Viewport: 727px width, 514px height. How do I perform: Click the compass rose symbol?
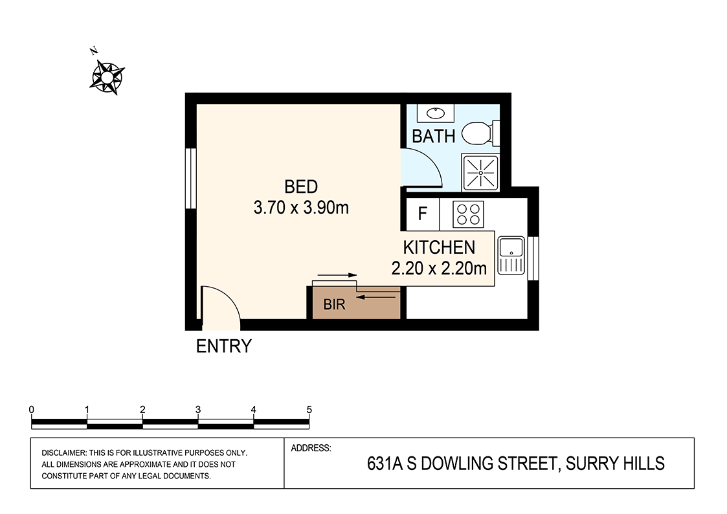107,77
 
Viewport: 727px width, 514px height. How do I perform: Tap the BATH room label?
434,137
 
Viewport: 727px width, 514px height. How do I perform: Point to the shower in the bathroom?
480,173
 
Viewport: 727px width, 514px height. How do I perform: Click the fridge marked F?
422,214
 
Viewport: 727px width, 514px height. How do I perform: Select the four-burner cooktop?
467,214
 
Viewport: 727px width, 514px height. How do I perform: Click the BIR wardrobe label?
335,305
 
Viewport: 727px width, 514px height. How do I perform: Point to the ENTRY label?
223,347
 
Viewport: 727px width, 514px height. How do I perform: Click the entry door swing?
220,304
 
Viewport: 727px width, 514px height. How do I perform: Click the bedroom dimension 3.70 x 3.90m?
301,208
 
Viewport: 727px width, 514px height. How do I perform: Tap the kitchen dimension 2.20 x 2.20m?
439,268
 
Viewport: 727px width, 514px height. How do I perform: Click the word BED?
301,187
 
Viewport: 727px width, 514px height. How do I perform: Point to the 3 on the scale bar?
198,410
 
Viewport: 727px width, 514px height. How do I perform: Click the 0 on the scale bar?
32,410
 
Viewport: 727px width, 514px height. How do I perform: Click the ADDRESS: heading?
311,447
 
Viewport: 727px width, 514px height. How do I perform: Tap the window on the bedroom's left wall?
191,179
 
